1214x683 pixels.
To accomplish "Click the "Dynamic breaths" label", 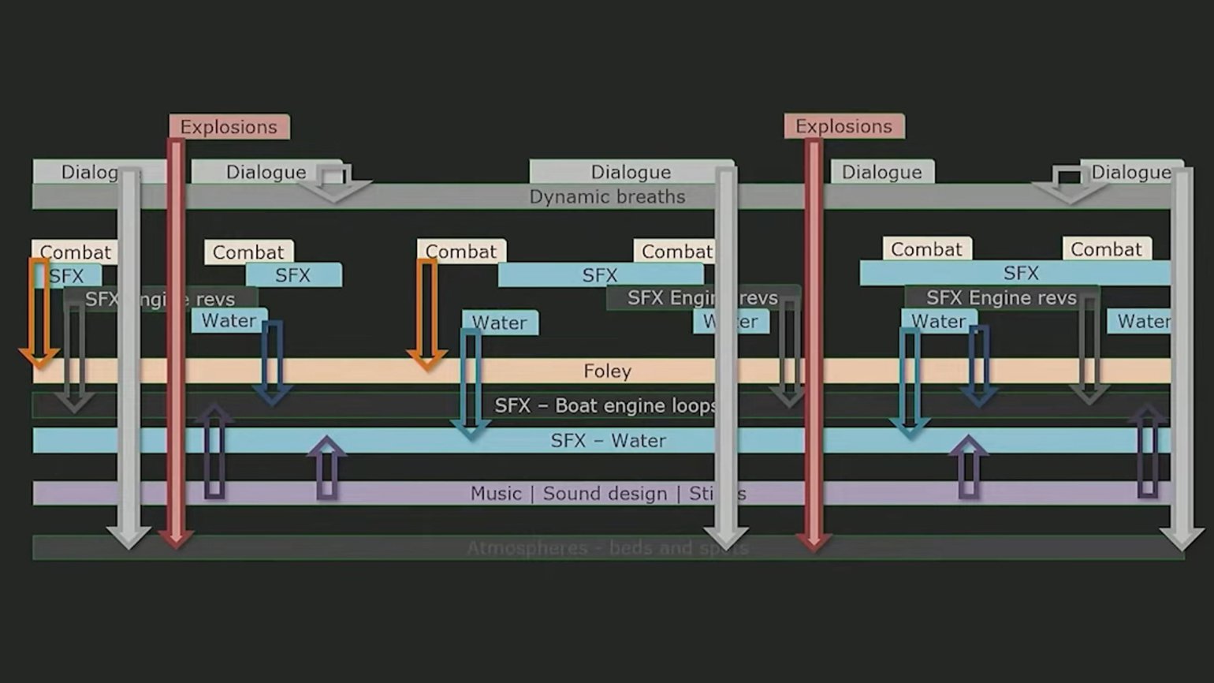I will tap(607, 196).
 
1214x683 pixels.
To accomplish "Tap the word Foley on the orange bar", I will tap(607, 371).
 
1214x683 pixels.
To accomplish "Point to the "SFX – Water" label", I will tap(608, 440).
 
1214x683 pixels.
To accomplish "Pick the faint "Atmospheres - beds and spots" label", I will tap(607, 547).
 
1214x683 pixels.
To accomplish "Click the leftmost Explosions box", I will tap(229, 127).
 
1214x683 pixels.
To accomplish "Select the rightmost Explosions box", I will tap(843, 126).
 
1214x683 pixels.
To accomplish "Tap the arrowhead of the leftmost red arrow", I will tap(176, 538).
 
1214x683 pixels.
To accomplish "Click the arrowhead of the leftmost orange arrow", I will tap(39, 359).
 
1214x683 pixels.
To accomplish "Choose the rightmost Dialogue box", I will tap(1130, 172).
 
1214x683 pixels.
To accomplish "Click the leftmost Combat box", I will tap(75, 252).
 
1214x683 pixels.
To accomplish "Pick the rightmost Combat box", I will tap(1106, 249).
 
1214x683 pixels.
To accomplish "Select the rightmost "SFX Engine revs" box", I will tap(1001, 297).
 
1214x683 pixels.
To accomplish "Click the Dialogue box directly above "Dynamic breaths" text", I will tap(631, 172).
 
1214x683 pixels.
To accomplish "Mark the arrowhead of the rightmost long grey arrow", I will tap(1182, 539).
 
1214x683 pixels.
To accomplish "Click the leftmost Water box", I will tap(229, 320).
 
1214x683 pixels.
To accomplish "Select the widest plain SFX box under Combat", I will tap(1021, 273).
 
